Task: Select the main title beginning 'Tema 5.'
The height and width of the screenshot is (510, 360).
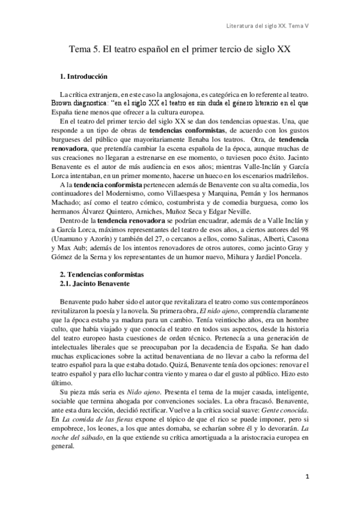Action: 180,51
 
